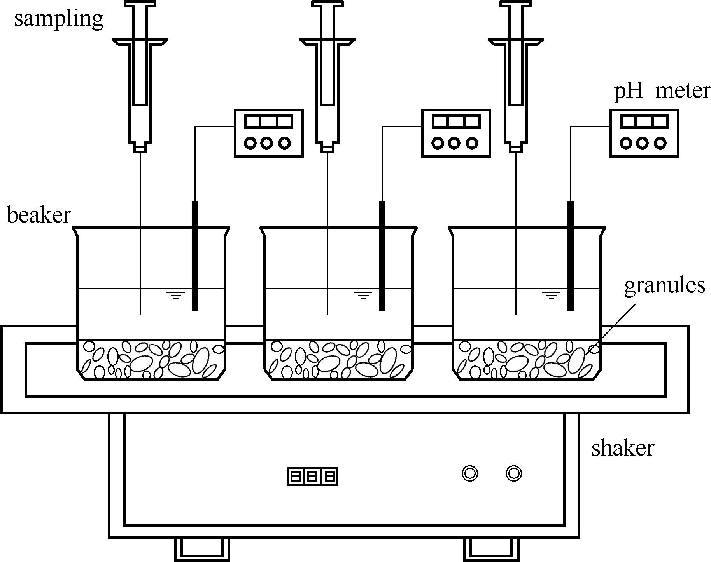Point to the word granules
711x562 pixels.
point(665,286)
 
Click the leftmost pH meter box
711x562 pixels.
point(268,133)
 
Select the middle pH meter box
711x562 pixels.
point(456,133)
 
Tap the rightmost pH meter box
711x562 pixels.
point(644,133)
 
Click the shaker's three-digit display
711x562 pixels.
point(312,476)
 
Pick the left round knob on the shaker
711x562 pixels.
point(470,473)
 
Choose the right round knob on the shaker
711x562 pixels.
point(513,473)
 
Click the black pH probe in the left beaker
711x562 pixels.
point(195,256)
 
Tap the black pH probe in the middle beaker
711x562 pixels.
point(382,256)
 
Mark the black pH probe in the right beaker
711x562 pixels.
point(570,256)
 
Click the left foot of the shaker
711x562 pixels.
point(201,549)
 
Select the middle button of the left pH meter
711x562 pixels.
point(266,143)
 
